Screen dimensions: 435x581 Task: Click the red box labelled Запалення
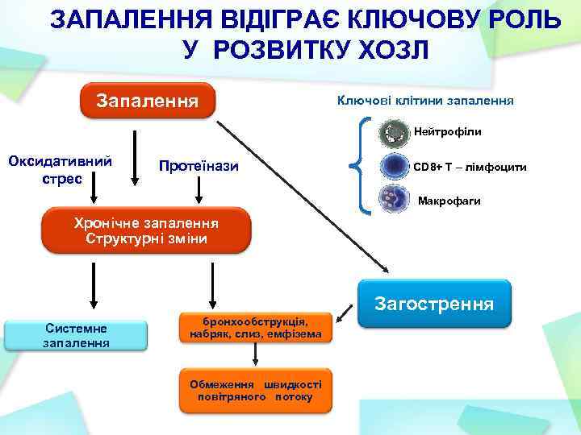[147, 101]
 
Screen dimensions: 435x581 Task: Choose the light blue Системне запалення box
[77, 336]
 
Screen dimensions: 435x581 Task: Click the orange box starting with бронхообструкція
[255, 327]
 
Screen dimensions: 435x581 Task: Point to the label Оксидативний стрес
[60, 168]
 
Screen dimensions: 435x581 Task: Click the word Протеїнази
[199, 167]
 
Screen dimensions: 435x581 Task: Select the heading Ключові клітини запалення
[425, 101]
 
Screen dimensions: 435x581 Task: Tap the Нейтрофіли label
[448, 130]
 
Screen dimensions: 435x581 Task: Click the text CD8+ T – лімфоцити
[470, 168]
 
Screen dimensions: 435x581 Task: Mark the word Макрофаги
[449, 201]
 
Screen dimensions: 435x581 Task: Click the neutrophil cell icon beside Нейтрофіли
[395, 132]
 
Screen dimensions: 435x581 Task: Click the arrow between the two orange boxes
[255, 354]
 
